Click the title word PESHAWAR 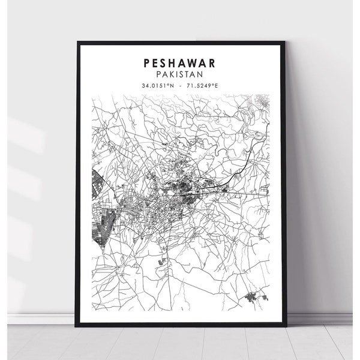(x=180, y=62)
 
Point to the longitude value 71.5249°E (x=202, y=85)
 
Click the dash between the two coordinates (x=180, y=85)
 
